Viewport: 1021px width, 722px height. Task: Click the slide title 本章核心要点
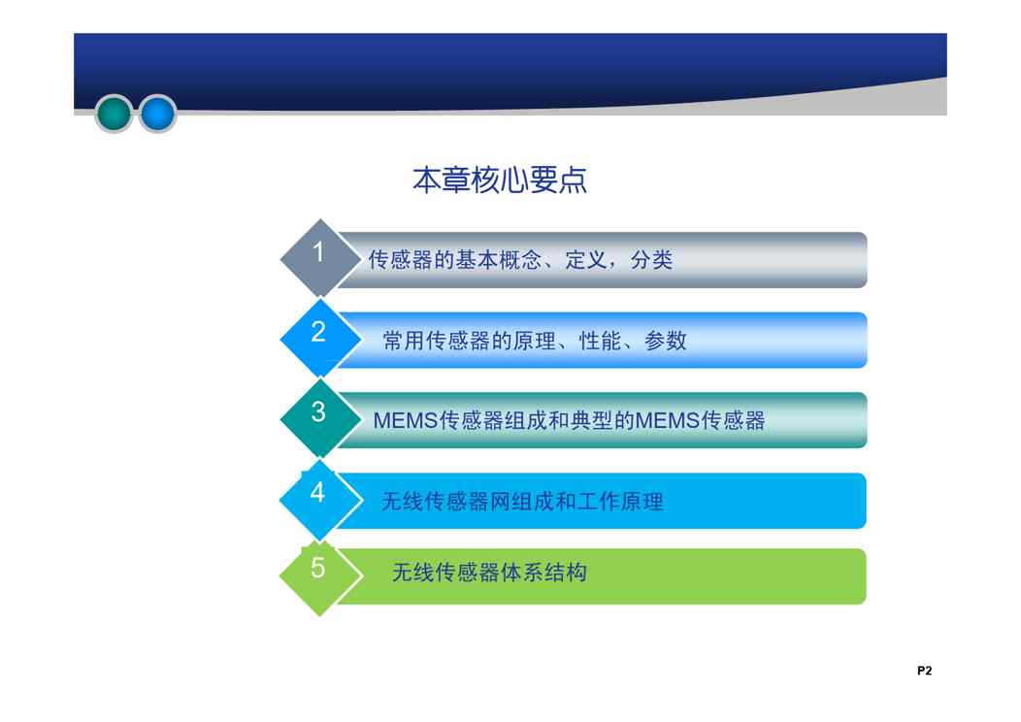click(x=500, y=180)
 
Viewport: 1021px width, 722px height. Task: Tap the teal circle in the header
click(x=114, y=114)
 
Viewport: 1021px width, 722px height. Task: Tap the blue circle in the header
click(x=157, y=114)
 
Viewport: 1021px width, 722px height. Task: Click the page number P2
click(x=924, y=671)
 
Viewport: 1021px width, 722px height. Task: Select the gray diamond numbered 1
click(x=319, y=258)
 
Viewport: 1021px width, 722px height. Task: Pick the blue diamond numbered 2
click(x=319, y=339)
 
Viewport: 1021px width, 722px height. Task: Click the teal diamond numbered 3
click(x=319, y=418)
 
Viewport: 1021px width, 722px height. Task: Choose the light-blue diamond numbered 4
click(x=319, y=500)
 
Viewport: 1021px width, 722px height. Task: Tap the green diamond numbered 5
click(x=319, y=575)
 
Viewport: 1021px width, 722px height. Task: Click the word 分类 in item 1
click(x=651, y=260)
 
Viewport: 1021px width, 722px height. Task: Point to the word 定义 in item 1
click(x=586, y=260)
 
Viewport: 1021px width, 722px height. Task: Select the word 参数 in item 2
click(x=666, y=341)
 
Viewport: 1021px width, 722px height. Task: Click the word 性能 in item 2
click(x=600, y=341)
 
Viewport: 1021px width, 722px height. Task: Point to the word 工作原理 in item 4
click(x=620, y=502)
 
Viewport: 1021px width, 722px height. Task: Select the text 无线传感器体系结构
click(x=490, y=573)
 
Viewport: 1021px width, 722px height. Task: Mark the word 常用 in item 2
click(x=404, y=341)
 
